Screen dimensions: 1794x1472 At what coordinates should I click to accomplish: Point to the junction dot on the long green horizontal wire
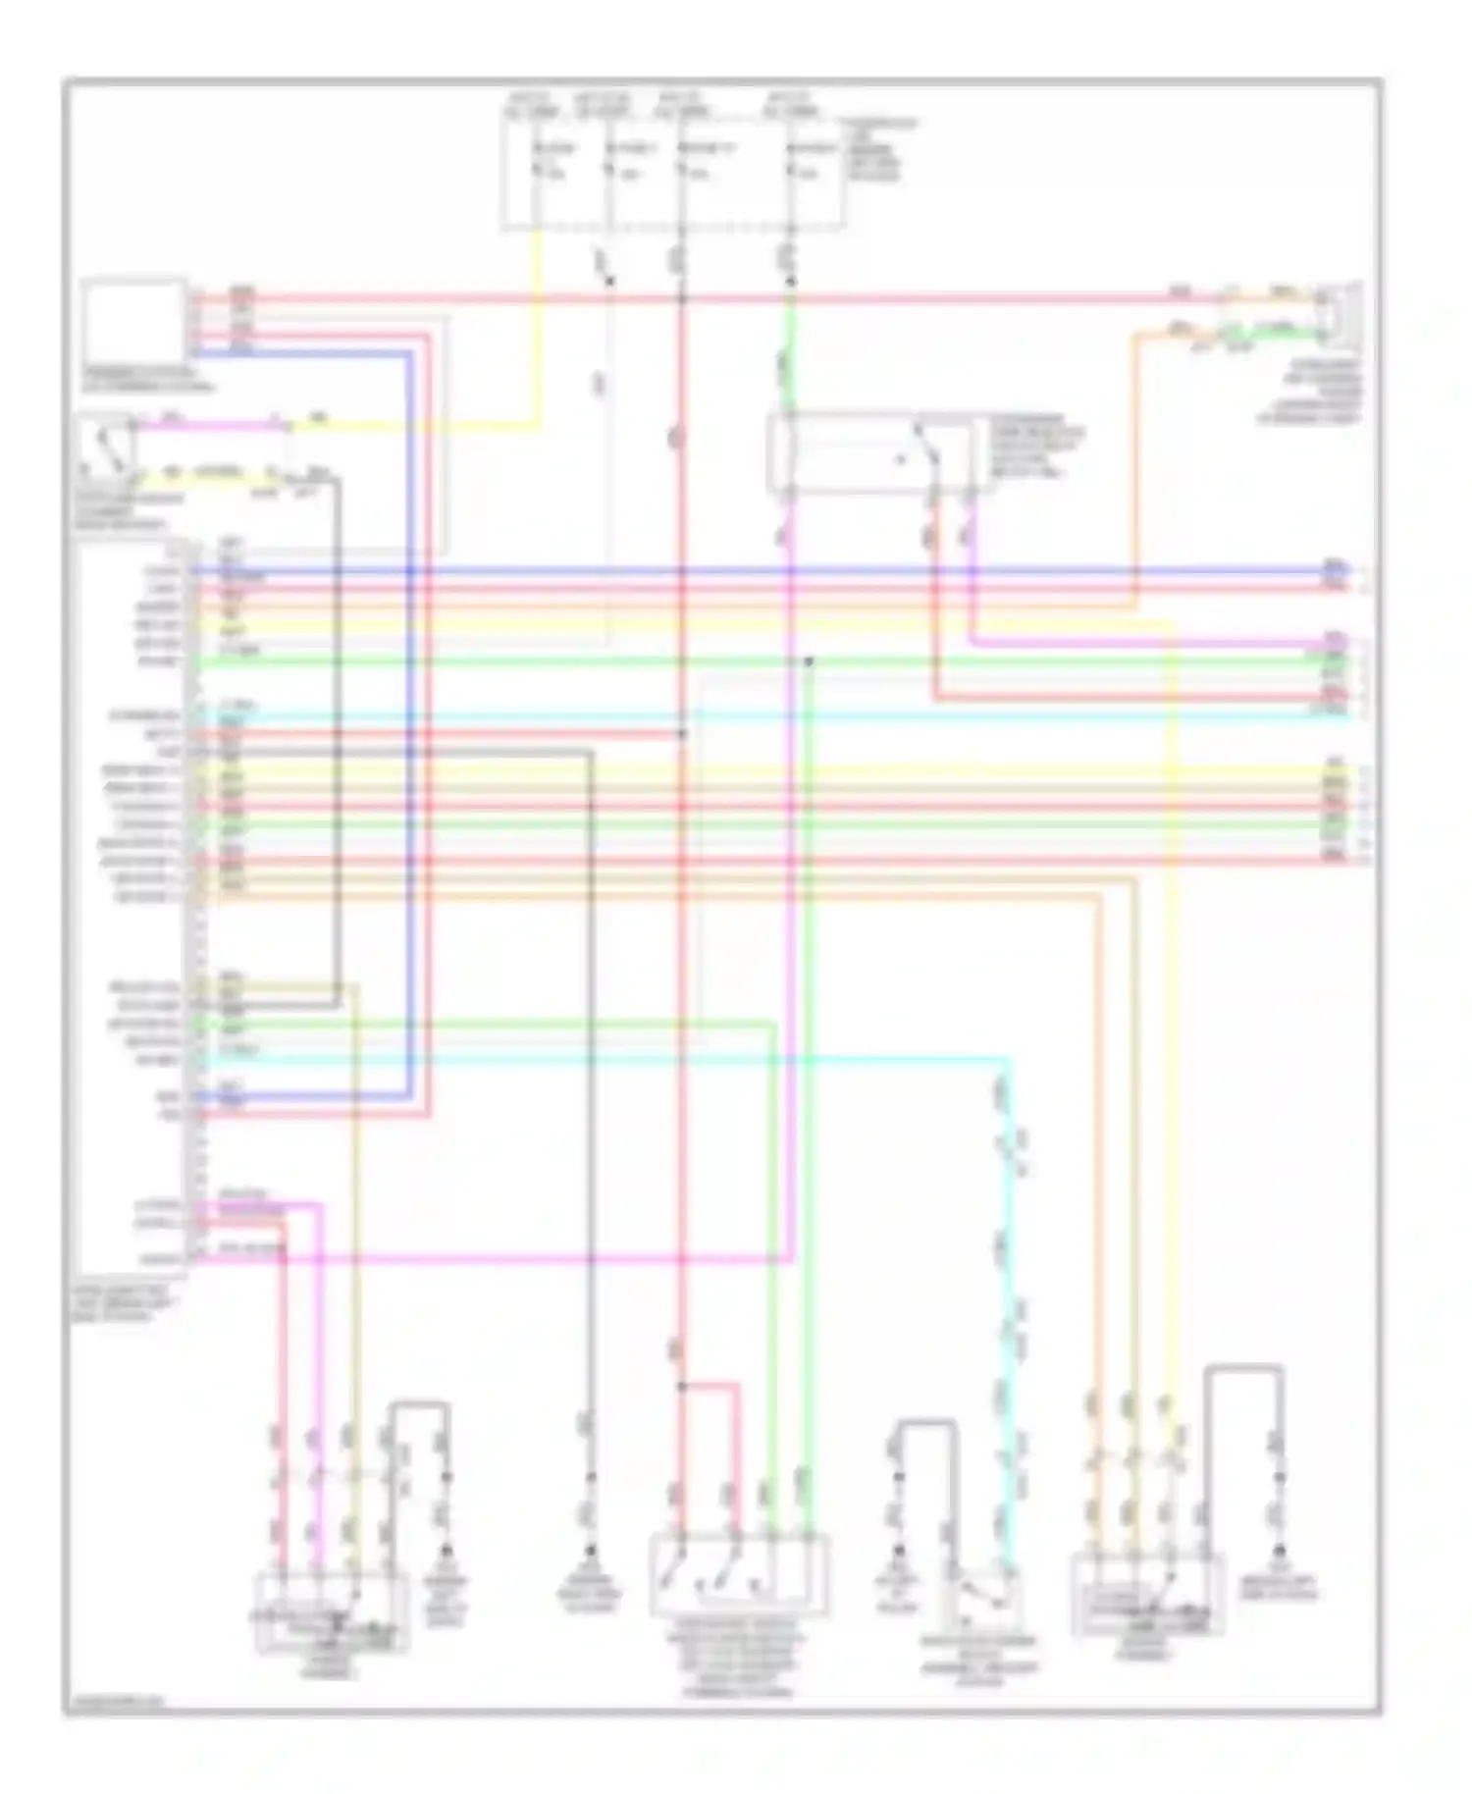click(809, 661)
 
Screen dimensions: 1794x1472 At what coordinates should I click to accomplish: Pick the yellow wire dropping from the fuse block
click(538, 324)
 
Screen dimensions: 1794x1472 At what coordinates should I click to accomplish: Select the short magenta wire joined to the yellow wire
click(211, 426)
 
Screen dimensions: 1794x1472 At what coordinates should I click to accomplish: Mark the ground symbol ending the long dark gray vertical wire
click(591, 1552)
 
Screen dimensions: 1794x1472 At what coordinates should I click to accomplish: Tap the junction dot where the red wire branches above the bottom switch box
click(681, 1387)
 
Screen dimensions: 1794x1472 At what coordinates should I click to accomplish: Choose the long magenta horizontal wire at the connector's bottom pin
click(491, 1258)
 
